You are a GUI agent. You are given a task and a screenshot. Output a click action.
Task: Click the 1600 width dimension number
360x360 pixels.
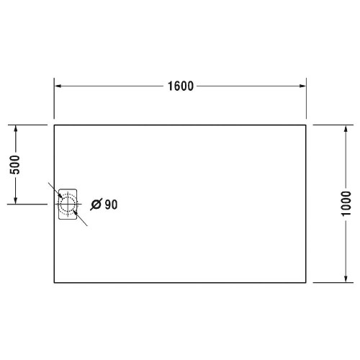click(x=181, y=86)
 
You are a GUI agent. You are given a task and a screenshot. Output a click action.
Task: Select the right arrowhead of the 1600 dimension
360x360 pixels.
click(x=302, y=86)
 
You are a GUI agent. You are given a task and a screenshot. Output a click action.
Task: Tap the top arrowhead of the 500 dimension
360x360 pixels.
click(x=15, y=128)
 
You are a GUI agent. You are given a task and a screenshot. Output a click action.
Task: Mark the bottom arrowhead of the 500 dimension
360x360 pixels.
click(x=15, y=200)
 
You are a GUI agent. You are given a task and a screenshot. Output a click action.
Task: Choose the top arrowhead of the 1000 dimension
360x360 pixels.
click(x=346, y=128)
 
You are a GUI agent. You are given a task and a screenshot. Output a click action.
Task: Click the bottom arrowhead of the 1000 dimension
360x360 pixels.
click(x=346, y=279)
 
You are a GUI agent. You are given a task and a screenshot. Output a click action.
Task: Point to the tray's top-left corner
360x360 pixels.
click(x=55, y=125)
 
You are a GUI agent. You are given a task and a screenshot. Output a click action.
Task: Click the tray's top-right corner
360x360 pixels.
click(x=307, y=125)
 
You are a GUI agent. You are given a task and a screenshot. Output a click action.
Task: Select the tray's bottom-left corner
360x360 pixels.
click(x=55, y=282)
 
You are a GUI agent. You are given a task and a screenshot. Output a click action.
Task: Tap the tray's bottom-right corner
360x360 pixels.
click(x=307, y=282)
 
